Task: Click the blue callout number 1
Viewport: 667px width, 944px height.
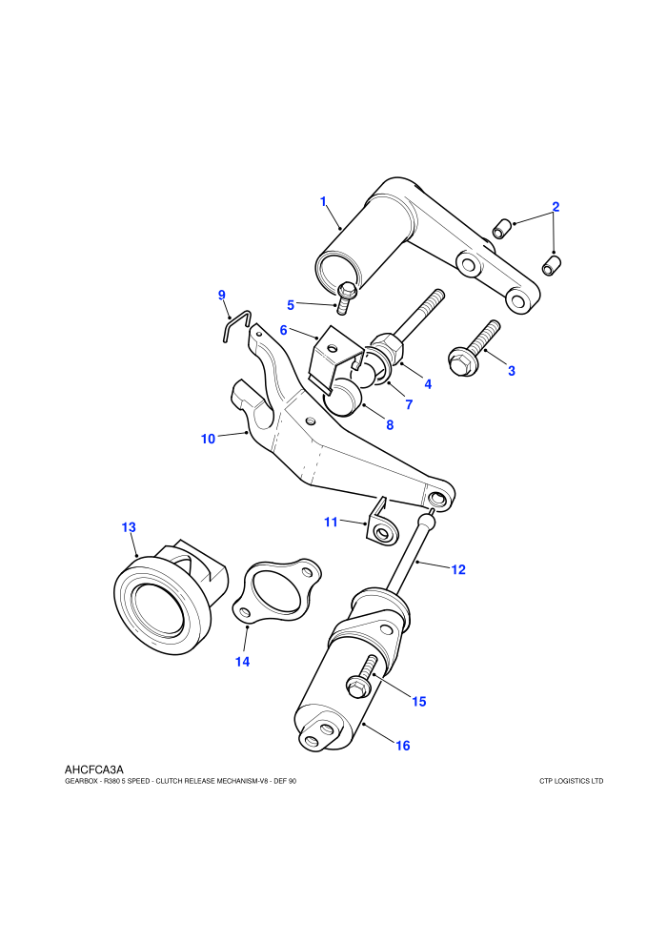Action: pyautogui.click(x=323, y=201)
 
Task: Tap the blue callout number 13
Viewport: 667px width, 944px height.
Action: pyautogui.click(x=129, y=527)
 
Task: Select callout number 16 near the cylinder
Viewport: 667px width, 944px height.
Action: pyautogui.click(x=402, y=746)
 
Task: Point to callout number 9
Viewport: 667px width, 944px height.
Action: pyautogui.click(x=221, y=295)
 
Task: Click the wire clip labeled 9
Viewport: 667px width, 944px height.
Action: pyautogui.click(x=235, y=324)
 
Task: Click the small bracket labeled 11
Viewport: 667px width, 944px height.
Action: pyautogui.click(x=381, y=523)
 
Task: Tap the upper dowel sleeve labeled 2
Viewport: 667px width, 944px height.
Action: pyautogui.click(x=502, y=229)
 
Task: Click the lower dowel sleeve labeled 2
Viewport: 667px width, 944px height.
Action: pyautogui.click(x=552, y=265)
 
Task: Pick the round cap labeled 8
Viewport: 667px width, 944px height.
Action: pyautogui.click(x=342, y=398)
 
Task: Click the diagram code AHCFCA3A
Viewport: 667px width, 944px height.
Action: pyautogui.click(x=93, y=770)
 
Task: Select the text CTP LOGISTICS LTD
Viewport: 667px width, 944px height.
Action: pyautogui.click(x=571, y=782)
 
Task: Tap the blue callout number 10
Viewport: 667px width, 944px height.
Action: pyautogui.click(x=208, y=439)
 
